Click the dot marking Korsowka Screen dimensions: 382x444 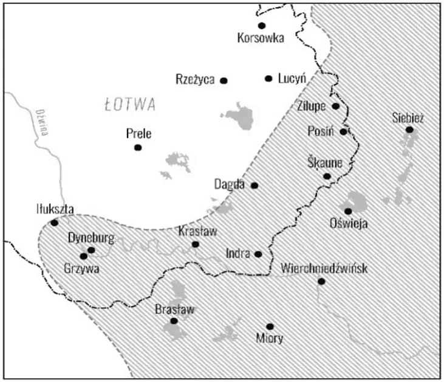[262, 26]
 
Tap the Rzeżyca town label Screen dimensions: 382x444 [195, 80]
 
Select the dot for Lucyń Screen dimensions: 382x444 [268, 78]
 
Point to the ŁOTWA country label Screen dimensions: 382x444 [130, 105]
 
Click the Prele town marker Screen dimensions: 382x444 [138, 147]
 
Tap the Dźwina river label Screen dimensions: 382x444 [41, 122]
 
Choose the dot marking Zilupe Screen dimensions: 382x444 [336, 106]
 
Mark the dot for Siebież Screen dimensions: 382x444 [409, 130]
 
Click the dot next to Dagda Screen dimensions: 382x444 [254, 186]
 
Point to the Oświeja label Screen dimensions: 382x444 [348, 224]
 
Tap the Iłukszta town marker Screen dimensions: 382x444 [54, 223]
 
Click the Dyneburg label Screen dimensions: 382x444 [91, 238]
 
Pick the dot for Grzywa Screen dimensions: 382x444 [83, 256]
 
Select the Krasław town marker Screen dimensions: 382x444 [196, 245]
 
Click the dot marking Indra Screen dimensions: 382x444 [258, 254]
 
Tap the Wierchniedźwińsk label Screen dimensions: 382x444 [324, 268]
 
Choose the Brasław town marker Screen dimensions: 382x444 [174, 321]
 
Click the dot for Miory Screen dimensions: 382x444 [270, 327]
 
